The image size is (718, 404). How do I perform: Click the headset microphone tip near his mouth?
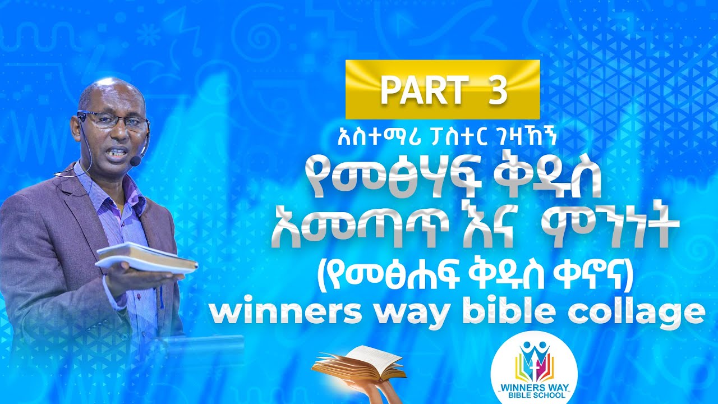[135, 160]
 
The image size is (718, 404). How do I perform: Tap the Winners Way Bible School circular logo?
[533, 370]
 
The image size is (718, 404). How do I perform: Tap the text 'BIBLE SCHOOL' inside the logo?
[533, 394]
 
